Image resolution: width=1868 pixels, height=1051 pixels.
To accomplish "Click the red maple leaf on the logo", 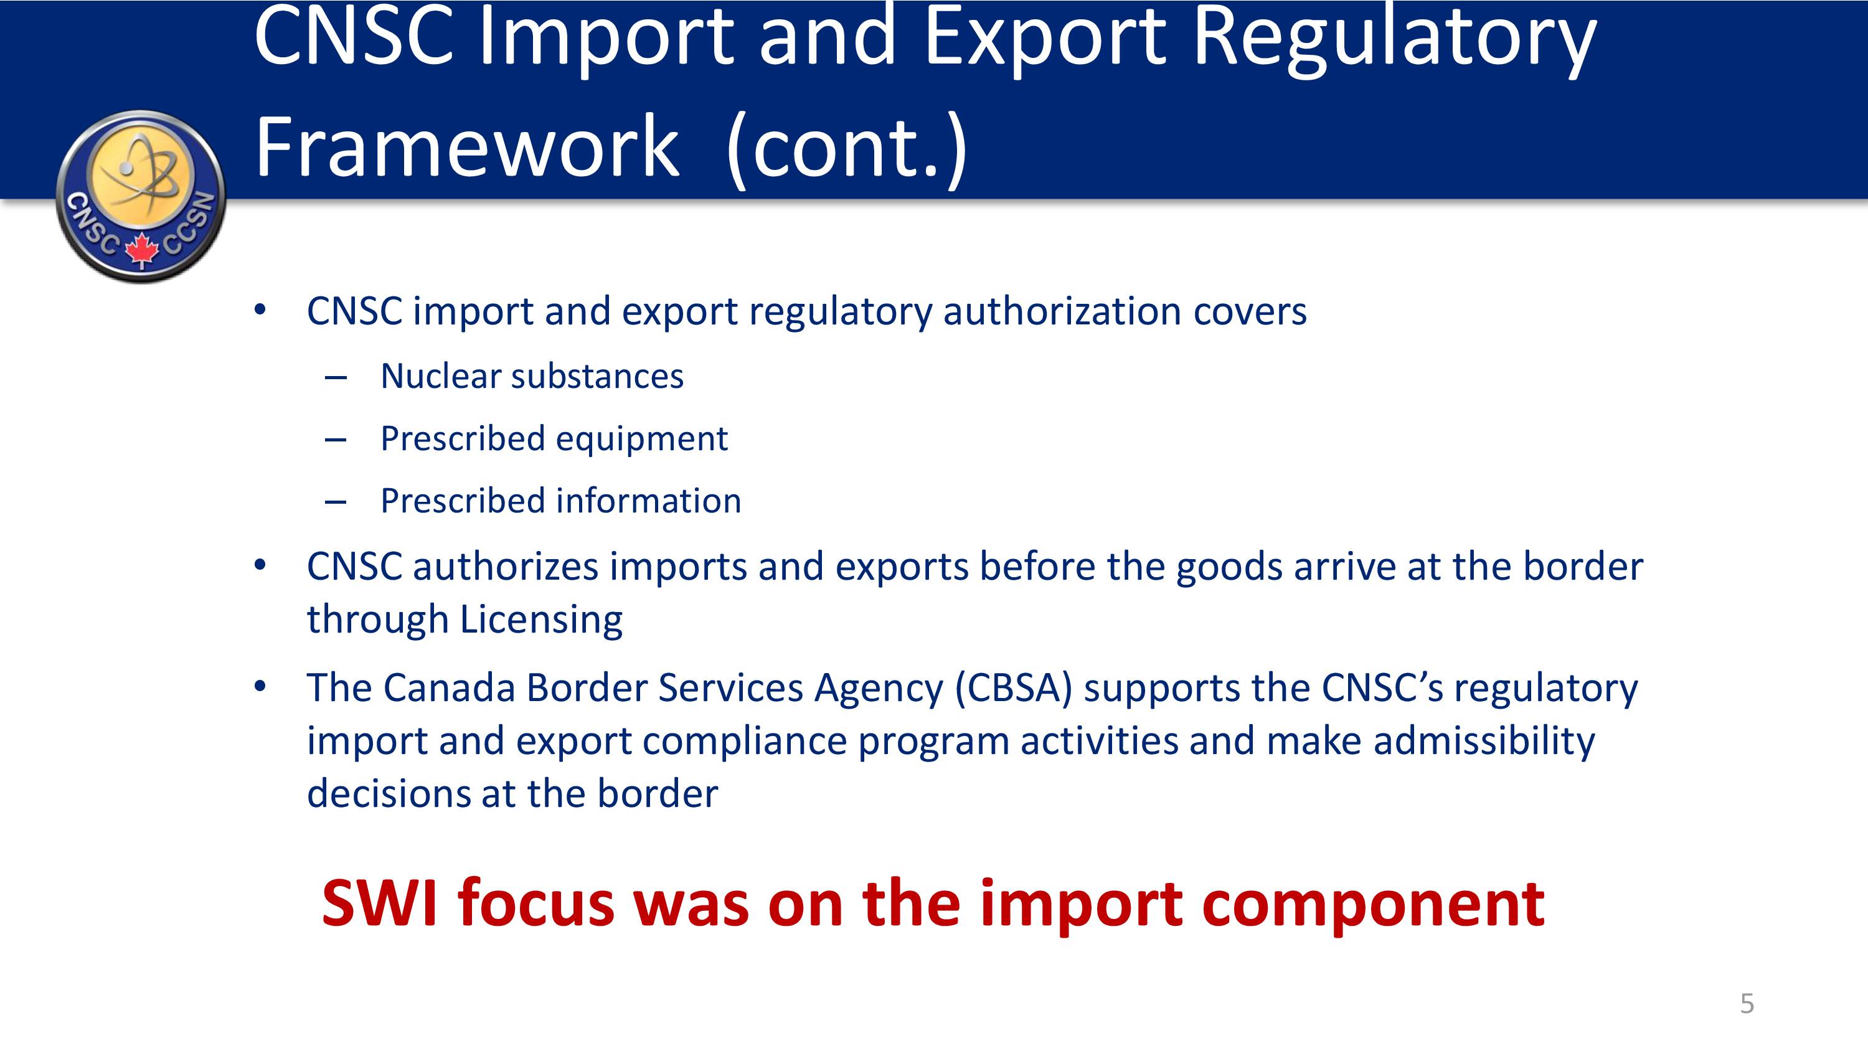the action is pyautogui.click(x=142, y=250).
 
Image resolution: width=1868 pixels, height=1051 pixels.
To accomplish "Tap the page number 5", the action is pyautogui.click(x=1747, y=1004).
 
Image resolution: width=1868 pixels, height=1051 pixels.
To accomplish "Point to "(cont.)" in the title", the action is pyautogui.click(x=846, y=149).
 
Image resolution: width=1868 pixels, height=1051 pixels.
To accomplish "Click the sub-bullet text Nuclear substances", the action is pyautogui.click(x=532, y=377).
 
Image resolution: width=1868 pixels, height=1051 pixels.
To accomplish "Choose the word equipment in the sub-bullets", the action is pyautogui.click(x=642, y=440).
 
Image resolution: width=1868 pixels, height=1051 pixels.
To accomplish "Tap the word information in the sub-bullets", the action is pyautogui.click(x=648, y=501).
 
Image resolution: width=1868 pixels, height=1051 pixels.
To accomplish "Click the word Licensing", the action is pyautogui.click(x=541, y=621).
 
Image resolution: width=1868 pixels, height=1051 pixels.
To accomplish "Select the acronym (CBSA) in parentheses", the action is pyautogui.click(x=1014, y=689).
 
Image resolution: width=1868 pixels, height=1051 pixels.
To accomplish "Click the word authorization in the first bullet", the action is pyautogui.click(x=1062, y=312).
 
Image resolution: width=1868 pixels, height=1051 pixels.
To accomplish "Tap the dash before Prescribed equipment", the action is pyautogui.click(x=336, y=440).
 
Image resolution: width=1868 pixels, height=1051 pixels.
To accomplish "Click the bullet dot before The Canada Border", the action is pyautogui.click(x=260, y=686).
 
